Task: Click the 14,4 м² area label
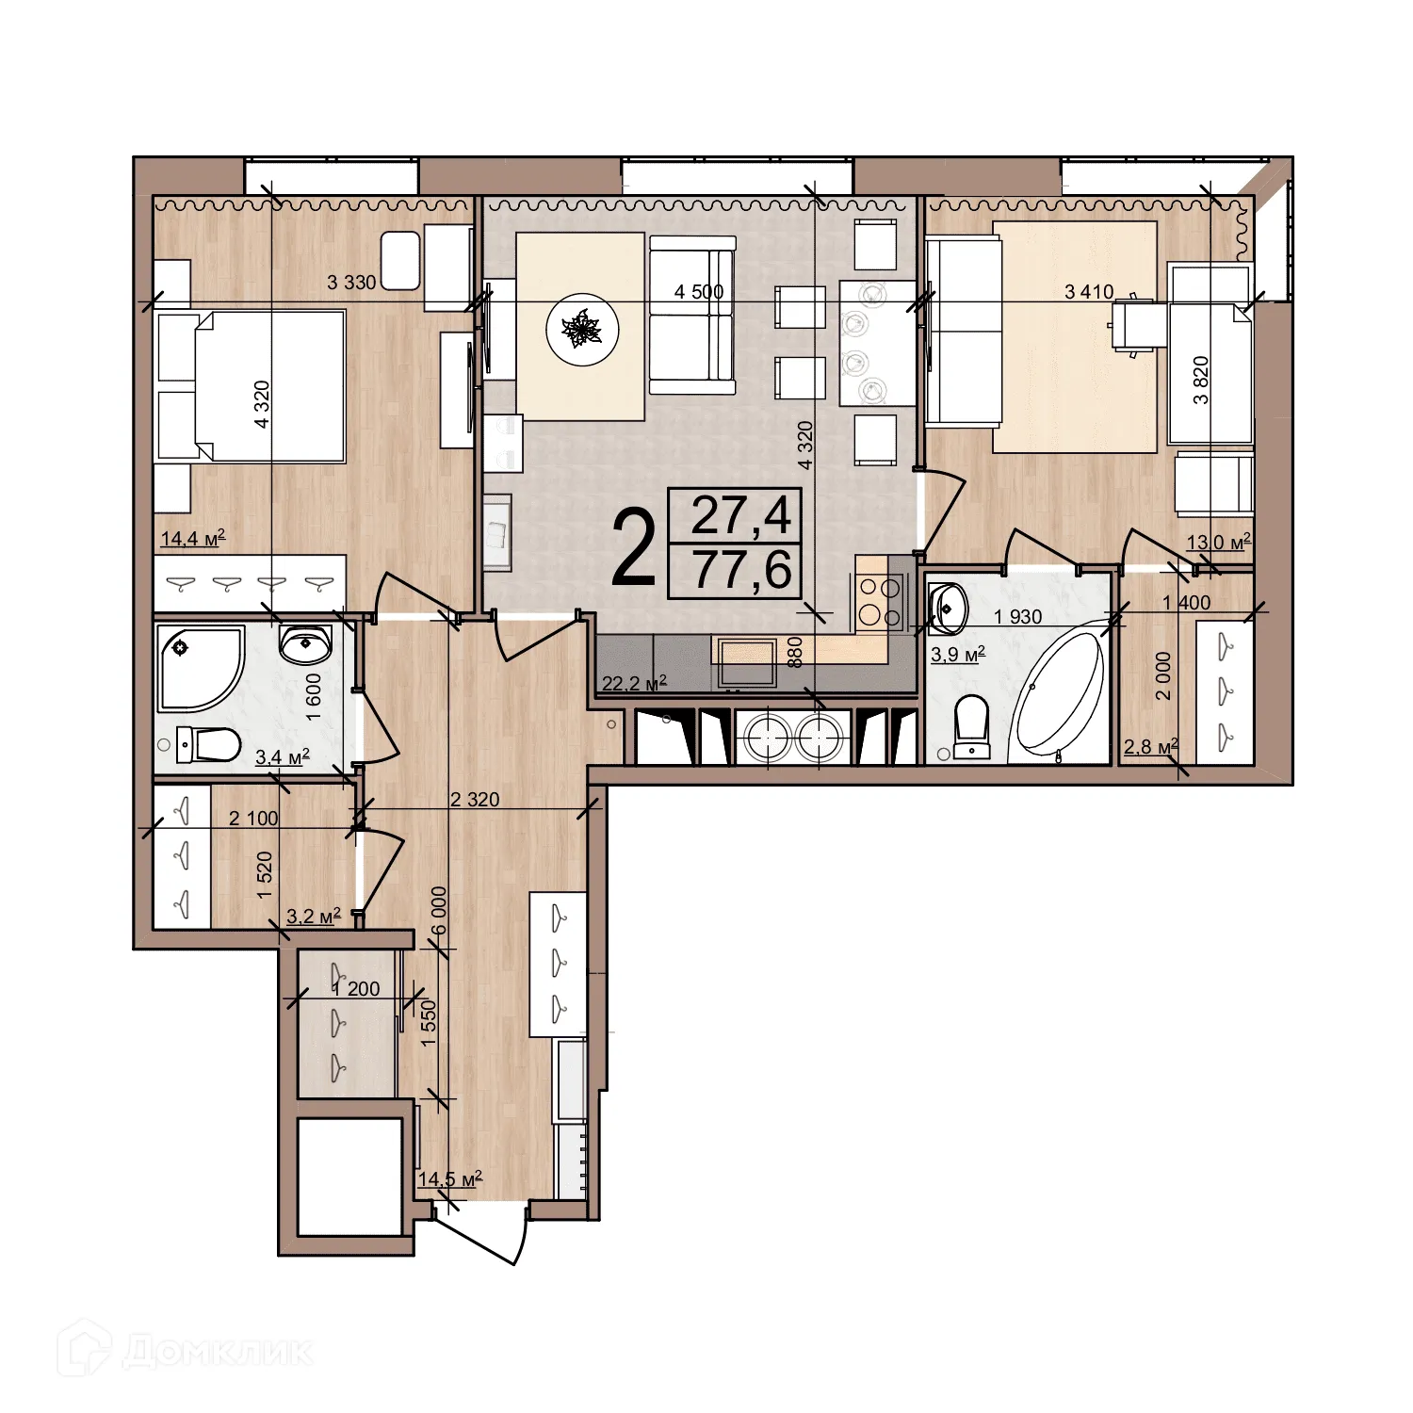click(x=193, y=539)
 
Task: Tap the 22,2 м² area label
click(x=633, y=683)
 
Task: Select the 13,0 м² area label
click(x=1218, y=542)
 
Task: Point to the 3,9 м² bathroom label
click(x=957, y=654)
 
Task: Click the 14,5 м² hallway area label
click(x=450, y=1178)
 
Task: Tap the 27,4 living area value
click(x=741, y=515)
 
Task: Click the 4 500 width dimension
click(x=698, y=292)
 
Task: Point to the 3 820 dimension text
click(x=1201, y=380)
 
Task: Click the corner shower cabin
click(x=199, y=670)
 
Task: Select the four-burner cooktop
click(x=879, y=602)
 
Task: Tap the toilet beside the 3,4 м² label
click(x=207, y=744)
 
